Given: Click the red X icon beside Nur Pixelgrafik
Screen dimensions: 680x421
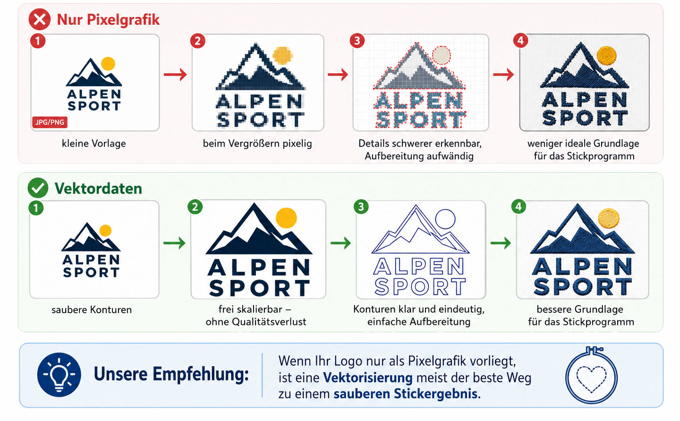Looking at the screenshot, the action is [x=39, y=19].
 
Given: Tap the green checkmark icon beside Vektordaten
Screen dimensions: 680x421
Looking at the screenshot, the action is [x=38, y=188].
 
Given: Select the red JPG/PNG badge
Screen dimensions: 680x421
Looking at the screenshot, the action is [x=50, y=122].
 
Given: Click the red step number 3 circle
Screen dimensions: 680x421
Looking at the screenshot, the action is [x=357, y=41].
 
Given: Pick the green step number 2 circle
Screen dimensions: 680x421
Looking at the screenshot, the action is [x=195, y=207].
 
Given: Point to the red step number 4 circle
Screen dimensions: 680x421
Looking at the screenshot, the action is [x=521, y=40].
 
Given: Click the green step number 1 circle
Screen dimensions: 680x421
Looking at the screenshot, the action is [x=36, y=208].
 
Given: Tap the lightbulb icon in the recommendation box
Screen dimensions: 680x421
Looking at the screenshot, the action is [x=59, y=375].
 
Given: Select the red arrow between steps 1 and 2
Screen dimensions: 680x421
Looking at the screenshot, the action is [x=176, y=74].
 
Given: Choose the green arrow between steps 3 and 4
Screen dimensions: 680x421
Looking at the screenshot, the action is [x=501, y=243].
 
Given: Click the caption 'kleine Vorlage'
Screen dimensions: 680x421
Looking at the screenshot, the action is [x=94, y=143].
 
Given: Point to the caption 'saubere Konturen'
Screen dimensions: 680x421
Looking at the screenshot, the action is [x=92, y=310].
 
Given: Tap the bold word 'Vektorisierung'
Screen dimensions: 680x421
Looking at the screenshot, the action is [x=368, y=378].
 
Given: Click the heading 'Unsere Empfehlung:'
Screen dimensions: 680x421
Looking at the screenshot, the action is [x=171, y=374].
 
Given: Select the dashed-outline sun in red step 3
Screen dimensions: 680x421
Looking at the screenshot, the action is [x=441, y=55].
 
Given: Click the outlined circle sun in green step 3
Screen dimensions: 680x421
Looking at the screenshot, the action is [x=445, y=219].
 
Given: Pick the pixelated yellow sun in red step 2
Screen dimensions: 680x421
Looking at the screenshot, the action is [x=283, y=56].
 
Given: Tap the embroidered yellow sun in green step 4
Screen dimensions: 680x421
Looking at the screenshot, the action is [x=609, y=218].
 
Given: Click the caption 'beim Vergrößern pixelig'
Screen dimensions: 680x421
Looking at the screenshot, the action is [x=257, y=143].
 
